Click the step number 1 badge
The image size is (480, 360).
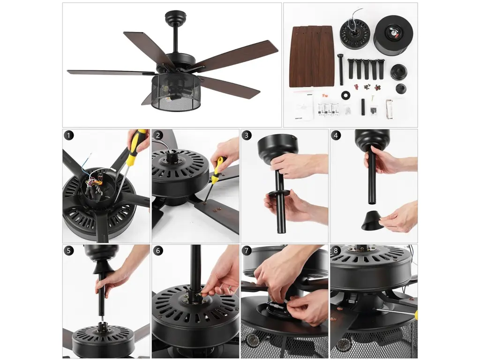(x=69, y=135)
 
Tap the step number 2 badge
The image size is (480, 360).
(x=158, y=135)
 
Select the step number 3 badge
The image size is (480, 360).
(x=247, y=135)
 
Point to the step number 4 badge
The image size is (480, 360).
(x=336, y=135)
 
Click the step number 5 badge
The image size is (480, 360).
(x=69, y=251)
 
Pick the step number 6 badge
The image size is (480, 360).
(x=158, y=251)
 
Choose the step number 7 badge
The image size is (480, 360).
(x=247, y=251)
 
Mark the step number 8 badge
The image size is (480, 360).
(x=336, y=251)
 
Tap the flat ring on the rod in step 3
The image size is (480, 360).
(x=278, y=193)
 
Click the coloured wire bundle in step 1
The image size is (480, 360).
(x=92, y=180)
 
